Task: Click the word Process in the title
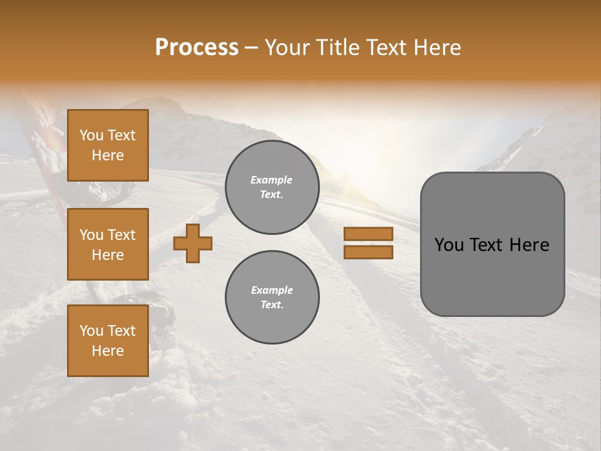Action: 197,48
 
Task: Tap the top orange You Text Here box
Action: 108,145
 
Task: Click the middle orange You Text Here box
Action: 108,244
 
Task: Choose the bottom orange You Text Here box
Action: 108,341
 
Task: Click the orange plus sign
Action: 193,243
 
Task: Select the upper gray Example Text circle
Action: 272,187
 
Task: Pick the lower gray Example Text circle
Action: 272,298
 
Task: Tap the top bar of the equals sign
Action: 368,234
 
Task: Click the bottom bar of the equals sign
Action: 368,252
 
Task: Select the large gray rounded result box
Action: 492,244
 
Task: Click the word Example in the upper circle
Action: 272,180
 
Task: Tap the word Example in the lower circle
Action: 272,290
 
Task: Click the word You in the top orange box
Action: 91,135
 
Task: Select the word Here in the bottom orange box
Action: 108,351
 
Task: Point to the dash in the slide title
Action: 252,48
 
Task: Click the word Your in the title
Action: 287,48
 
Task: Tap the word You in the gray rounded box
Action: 449,245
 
